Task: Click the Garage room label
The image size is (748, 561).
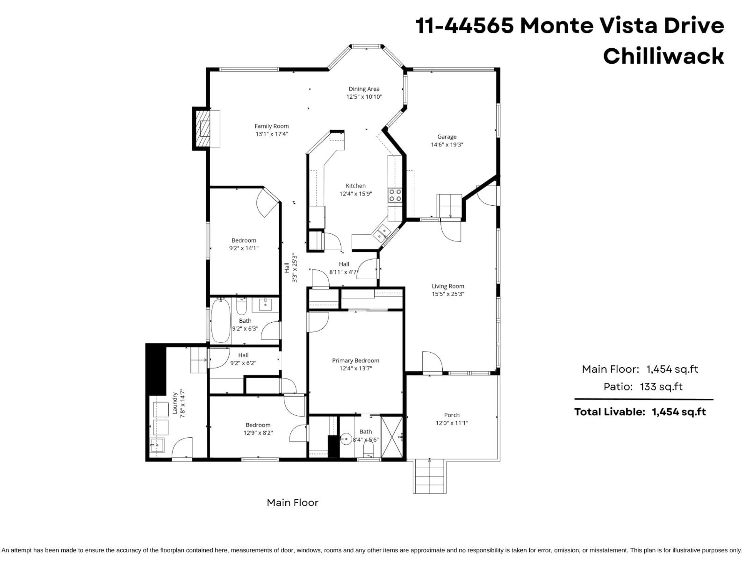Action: pos(447,137)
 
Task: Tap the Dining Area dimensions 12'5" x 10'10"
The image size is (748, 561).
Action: pos(364,97)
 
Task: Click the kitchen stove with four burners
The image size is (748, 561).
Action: pos(395,195)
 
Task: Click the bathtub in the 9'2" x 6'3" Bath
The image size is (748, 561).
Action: pos(221,320)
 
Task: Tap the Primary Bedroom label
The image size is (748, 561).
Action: pos(355,361)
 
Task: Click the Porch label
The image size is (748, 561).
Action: pos(452,415)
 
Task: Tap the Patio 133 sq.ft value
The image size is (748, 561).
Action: pos(661,386)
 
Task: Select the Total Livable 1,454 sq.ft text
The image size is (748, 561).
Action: pos(640,412)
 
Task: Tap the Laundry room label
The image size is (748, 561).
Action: pos(175,403)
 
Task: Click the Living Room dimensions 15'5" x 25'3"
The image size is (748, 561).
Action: pos(448,294)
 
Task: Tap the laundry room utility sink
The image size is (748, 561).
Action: pos(157,445)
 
